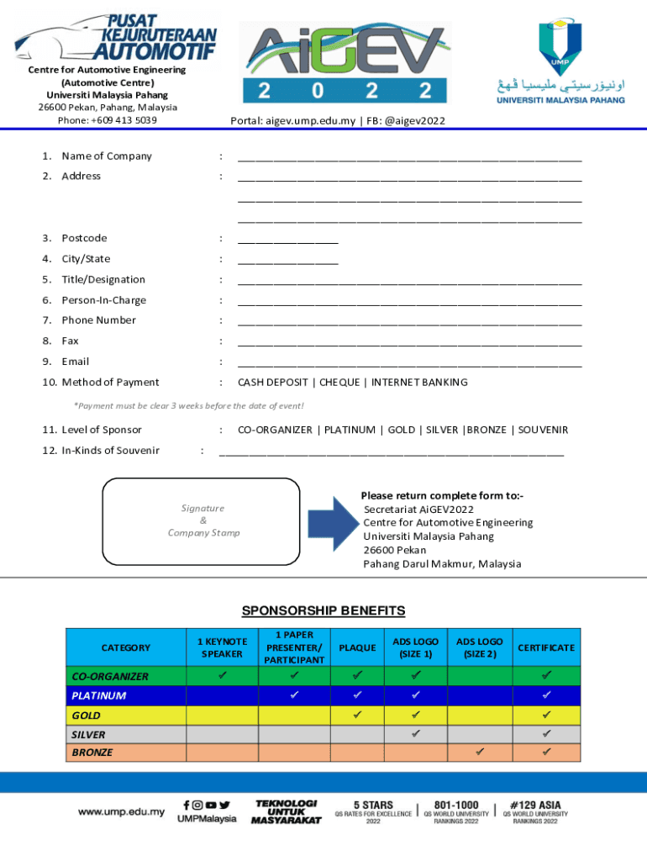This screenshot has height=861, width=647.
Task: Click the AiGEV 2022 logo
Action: [x=344, y=64]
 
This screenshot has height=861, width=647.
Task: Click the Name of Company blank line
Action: [x=409, y=157]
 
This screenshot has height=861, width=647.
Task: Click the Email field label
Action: [x=75, y=362]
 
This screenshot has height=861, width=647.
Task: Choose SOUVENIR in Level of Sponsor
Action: [x=543, y=430]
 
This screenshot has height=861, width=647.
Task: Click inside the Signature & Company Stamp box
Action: [x=201, y=521]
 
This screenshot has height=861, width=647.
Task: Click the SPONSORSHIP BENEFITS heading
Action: [x=323, y=611]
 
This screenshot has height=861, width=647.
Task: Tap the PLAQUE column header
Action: [x=356, y=647]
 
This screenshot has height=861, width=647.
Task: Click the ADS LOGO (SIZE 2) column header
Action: [x=479, y=647]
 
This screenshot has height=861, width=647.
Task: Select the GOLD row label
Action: [x=86, y=716]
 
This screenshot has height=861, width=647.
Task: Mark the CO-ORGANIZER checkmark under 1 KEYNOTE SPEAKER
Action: [x=222, y=675]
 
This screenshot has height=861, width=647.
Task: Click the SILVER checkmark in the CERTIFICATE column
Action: [x=546, y=733]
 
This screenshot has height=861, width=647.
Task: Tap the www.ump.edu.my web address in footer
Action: [x=121, y=812]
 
